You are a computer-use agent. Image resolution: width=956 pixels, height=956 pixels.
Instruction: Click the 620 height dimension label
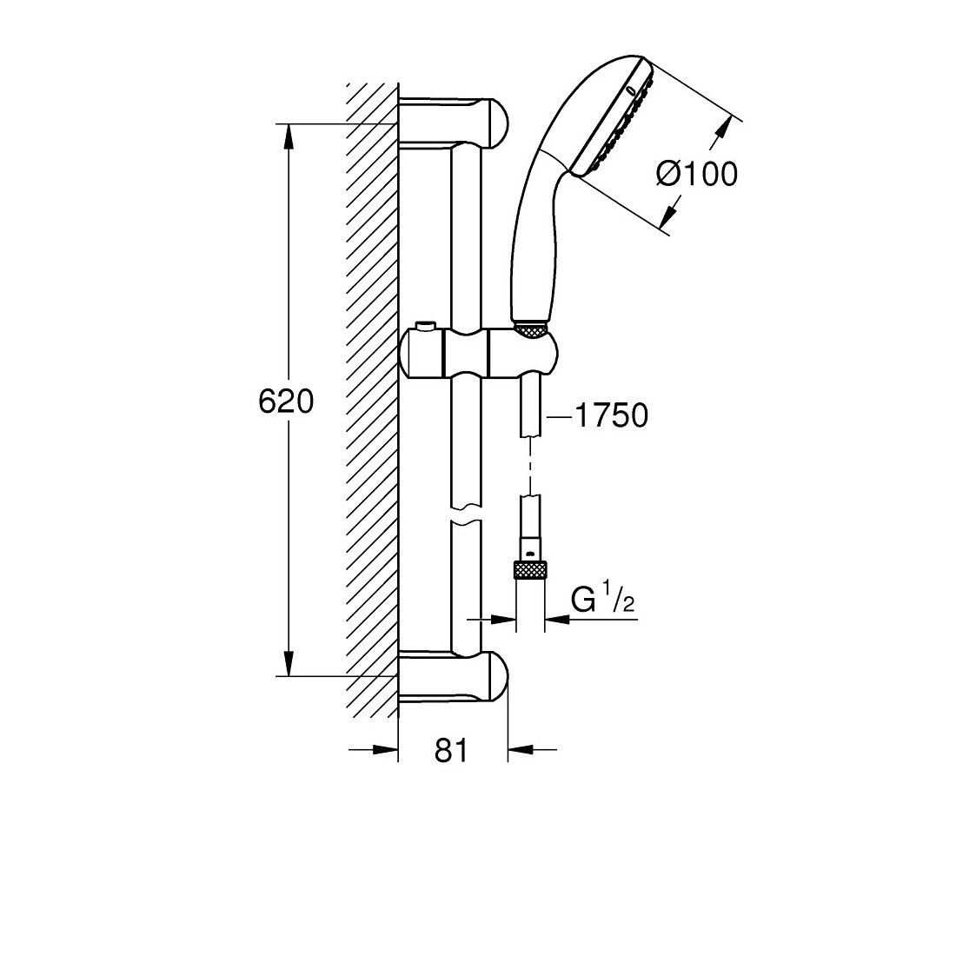(286, 402)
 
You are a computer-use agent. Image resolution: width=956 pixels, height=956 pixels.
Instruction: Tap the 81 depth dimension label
(451, 750)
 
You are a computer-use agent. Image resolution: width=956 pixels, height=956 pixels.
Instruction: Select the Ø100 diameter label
(697, 174)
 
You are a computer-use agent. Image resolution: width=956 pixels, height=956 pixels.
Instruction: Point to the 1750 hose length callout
(612, 415)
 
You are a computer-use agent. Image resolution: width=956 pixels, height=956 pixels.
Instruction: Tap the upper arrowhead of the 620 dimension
(289, 136)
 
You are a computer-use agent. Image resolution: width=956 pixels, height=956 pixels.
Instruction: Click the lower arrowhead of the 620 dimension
(289, 663)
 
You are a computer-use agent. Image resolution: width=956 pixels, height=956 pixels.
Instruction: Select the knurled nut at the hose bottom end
(529, 571)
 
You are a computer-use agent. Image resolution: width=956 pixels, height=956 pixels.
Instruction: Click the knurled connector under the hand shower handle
(532, 330)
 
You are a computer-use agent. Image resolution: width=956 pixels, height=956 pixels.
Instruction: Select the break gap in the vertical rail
(467, 514)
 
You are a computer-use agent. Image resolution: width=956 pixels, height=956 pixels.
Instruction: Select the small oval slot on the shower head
(630, 92)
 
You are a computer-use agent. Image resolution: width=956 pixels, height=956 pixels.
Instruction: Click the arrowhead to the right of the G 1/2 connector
(556, 620)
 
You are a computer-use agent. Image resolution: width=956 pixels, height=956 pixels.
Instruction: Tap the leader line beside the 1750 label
(560, 417)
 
